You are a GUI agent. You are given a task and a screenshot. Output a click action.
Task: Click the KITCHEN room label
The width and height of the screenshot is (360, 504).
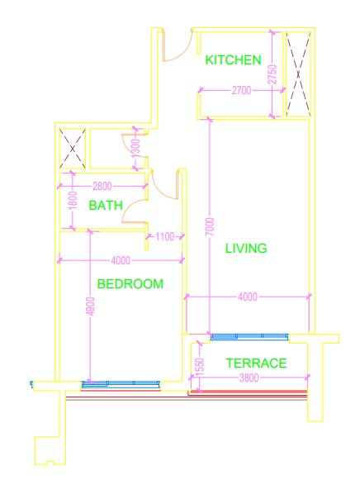click(x=233, y=60)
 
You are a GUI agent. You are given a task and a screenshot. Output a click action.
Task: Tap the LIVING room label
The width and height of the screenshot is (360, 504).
click(x=246, y=248)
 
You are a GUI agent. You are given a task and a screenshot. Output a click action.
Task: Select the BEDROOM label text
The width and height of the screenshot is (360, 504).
click(x=130, y=284)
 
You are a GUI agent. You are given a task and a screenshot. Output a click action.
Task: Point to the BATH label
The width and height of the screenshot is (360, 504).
click(x=106, y=205)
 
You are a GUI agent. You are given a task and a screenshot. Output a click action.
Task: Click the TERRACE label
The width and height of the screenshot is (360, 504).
click(x=256, y=364)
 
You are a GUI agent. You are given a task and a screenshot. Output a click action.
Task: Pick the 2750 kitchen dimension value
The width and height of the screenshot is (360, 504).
click(x=272, y=74)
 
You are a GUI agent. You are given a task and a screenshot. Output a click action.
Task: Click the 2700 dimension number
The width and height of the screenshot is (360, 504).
click(x=241, y=90)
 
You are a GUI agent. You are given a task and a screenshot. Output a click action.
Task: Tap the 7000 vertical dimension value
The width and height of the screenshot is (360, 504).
click(x=210, y=226)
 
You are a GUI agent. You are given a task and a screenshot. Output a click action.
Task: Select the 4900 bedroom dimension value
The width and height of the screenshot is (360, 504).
click(x=91, y=307)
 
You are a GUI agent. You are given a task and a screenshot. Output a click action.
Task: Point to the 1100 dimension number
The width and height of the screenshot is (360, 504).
click(x=165, y=236)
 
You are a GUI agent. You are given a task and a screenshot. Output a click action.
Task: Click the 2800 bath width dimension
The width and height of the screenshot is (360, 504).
click(x=102, y=186)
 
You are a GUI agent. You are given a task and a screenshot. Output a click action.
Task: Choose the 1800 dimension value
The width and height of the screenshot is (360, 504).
click(x=73, y=200)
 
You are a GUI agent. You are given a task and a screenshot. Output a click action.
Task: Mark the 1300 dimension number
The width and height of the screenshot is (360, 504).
click(x=136, y=148)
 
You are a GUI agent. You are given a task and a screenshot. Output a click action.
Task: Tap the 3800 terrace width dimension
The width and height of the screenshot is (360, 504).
click(x=249, y=378)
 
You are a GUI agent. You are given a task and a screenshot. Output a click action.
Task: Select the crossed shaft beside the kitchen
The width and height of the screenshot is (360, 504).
click(x=298, y=74)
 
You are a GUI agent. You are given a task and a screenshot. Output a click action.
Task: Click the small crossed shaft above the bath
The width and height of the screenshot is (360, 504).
click(x=73, y=149)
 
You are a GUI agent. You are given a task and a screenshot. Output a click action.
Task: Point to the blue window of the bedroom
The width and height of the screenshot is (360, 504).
click(x=121, y=383)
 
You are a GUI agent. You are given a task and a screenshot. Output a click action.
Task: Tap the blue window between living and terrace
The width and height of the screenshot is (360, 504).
click(x=249, y=337)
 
